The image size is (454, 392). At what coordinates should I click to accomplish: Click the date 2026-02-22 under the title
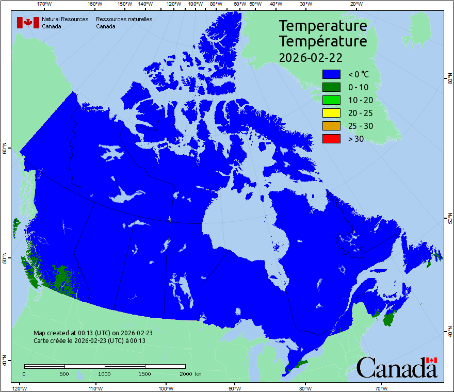(x=311, y=57)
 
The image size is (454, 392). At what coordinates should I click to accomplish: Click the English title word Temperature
(x=323, y=25)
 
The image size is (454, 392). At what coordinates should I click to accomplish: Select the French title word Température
(x=323, y=41)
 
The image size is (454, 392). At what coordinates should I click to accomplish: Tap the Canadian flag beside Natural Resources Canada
(x=28, y=23)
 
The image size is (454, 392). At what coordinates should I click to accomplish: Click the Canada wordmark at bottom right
(x=397, y=367)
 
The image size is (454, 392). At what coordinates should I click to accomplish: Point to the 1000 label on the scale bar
(x=105, y=373)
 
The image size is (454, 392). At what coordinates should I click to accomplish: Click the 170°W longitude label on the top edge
(x=45, y=4)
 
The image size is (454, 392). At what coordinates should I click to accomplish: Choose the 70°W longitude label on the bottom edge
(x=381, y=388)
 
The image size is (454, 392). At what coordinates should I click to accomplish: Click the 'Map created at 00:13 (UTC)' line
(x=93, y=333)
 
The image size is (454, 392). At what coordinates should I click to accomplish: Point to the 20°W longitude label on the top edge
(x=355, y=4)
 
